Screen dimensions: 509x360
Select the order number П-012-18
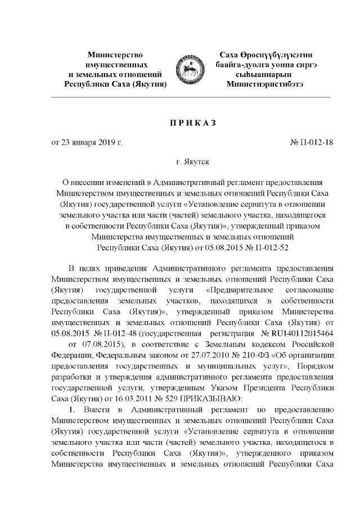click(316, 143)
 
